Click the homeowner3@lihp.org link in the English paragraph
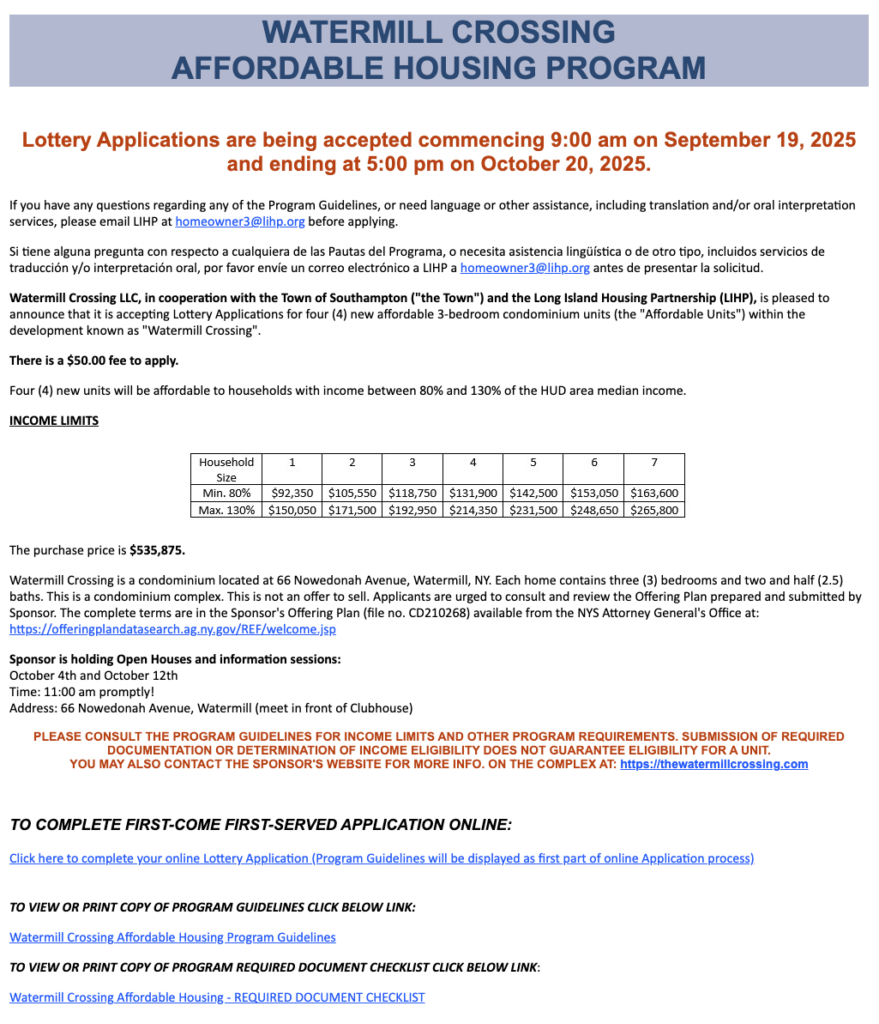[240, 221]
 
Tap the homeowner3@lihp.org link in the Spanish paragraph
[525, 268]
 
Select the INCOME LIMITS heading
[54, 421]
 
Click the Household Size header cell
[226, 470]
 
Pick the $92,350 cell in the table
[292, 494]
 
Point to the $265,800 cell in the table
[654, 510]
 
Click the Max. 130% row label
[226, 510]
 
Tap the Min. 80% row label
[226, 494]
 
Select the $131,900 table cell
[473, 494]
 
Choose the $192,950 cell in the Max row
[412, 510]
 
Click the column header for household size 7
[654, 463]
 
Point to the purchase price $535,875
[157, 550]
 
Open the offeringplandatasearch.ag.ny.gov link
[172, 629]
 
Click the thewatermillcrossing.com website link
[713, 764]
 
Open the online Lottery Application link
[382, 858]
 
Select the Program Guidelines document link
[172, 937]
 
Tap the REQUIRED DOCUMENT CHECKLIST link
[217, 997]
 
